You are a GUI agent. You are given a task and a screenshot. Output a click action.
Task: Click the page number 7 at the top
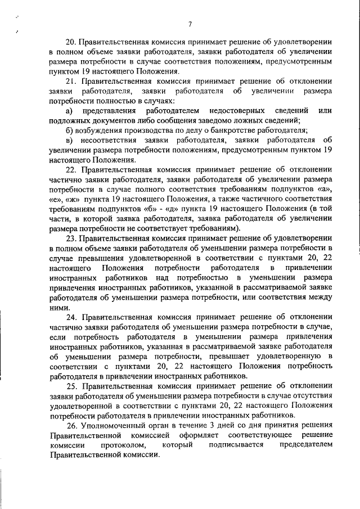pyautogui.click(x=190, y=24)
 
